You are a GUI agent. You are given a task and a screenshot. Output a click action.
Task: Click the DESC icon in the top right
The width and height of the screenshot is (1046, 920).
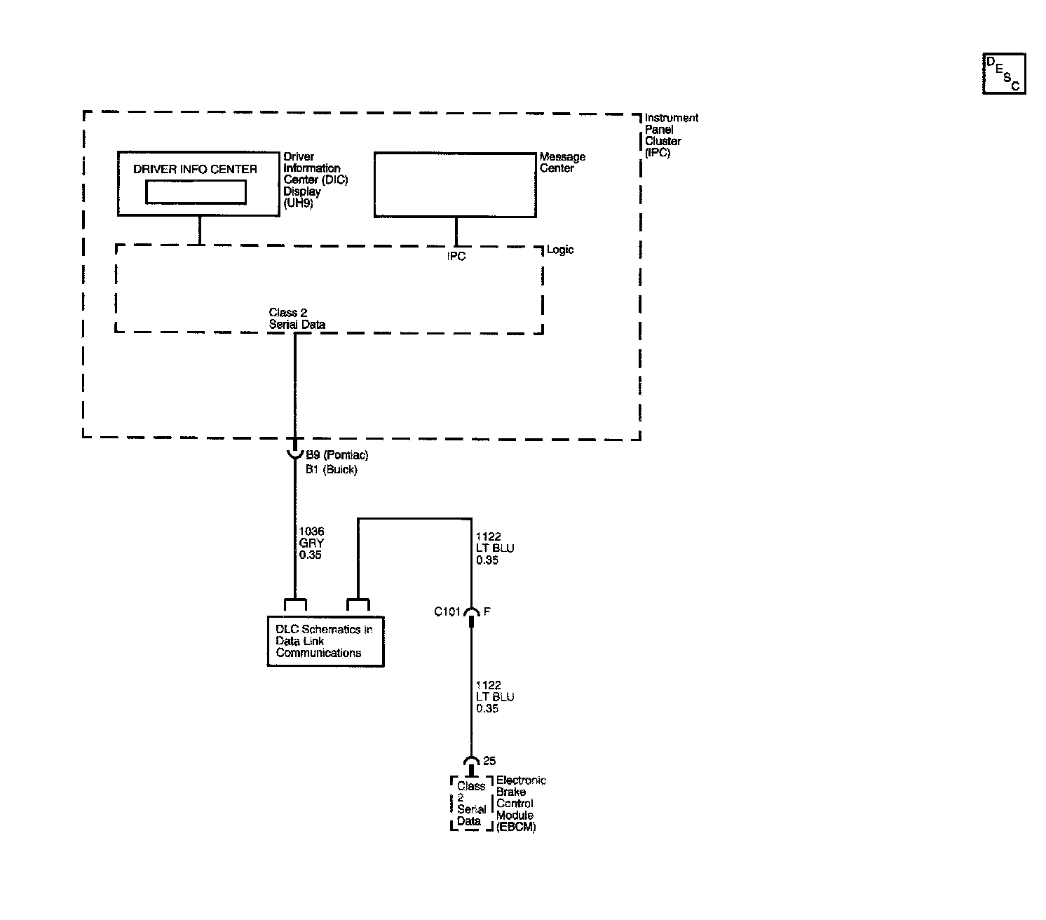(x=1003, y=73)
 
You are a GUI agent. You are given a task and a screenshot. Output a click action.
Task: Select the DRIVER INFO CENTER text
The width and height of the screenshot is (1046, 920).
(x=195, y=169)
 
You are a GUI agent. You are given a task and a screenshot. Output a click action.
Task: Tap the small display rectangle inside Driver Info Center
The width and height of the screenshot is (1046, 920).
(x=196, y=191)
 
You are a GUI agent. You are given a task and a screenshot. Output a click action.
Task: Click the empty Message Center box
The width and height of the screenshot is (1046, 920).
(x=455, y=184)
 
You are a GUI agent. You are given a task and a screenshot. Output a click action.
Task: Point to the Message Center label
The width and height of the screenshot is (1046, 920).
(x=562, y=163)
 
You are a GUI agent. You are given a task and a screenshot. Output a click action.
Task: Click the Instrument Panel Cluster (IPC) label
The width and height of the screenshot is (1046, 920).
(x=671, y=135)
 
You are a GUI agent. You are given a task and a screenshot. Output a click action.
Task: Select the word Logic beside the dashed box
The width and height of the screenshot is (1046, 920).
(x=560, y=250)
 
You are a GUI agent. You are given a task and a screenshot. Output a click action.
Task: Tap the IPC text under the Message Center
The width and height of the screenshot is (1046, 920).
(x=456, y=257)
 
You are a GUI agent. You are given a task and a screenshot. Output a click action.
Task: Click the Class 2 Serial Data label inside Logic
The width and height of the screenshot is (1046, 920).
(x=297, y=318)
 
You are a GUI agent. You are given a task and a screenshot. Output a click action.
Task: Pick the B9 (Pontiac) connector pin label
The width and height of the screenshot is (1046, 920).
(x=337, y=455)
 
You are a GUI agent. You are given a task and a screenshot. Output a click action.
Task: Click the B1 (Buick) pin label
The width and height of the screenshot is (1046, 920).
(x=331, y=470)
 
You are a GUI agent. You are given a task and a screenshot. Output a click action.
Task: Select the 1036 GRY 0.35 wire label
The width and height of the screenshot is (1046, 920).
(x=311, y=543)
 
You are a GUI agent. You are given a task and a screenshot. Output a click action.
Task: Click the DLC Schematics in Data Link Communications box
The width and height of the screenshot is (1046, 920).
(x=325, y=641)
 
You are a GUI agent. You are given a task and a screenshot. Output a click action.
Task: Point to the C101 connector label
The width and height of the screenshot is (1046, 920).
(x=447, y=611)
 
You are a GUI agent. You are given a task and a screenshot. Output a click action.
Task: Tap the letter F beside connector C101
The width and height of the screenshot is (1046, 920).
(x=487, y=611)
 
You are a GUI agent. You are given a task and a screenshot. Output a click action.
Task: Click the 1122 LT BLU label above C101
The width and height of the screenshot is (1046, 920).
(x=494, y=548)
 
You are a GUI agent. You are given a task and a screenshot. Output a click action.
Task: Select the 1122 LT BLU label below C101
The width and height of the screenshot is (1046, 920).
(x=494, y=697)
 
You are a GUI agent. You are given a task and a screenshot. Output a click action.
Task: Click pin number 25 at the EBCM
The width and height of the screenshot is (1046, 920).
(x=489, y=761)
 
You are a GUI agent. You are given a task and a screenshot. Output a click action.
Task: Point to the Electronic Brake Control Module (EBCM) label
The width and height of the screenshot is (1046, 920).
(x=520, y=804)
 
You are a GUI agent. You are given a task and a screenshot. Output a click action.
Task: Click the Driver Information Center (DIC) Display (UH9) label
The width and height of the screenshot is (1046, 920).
(x=315, y=180)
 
